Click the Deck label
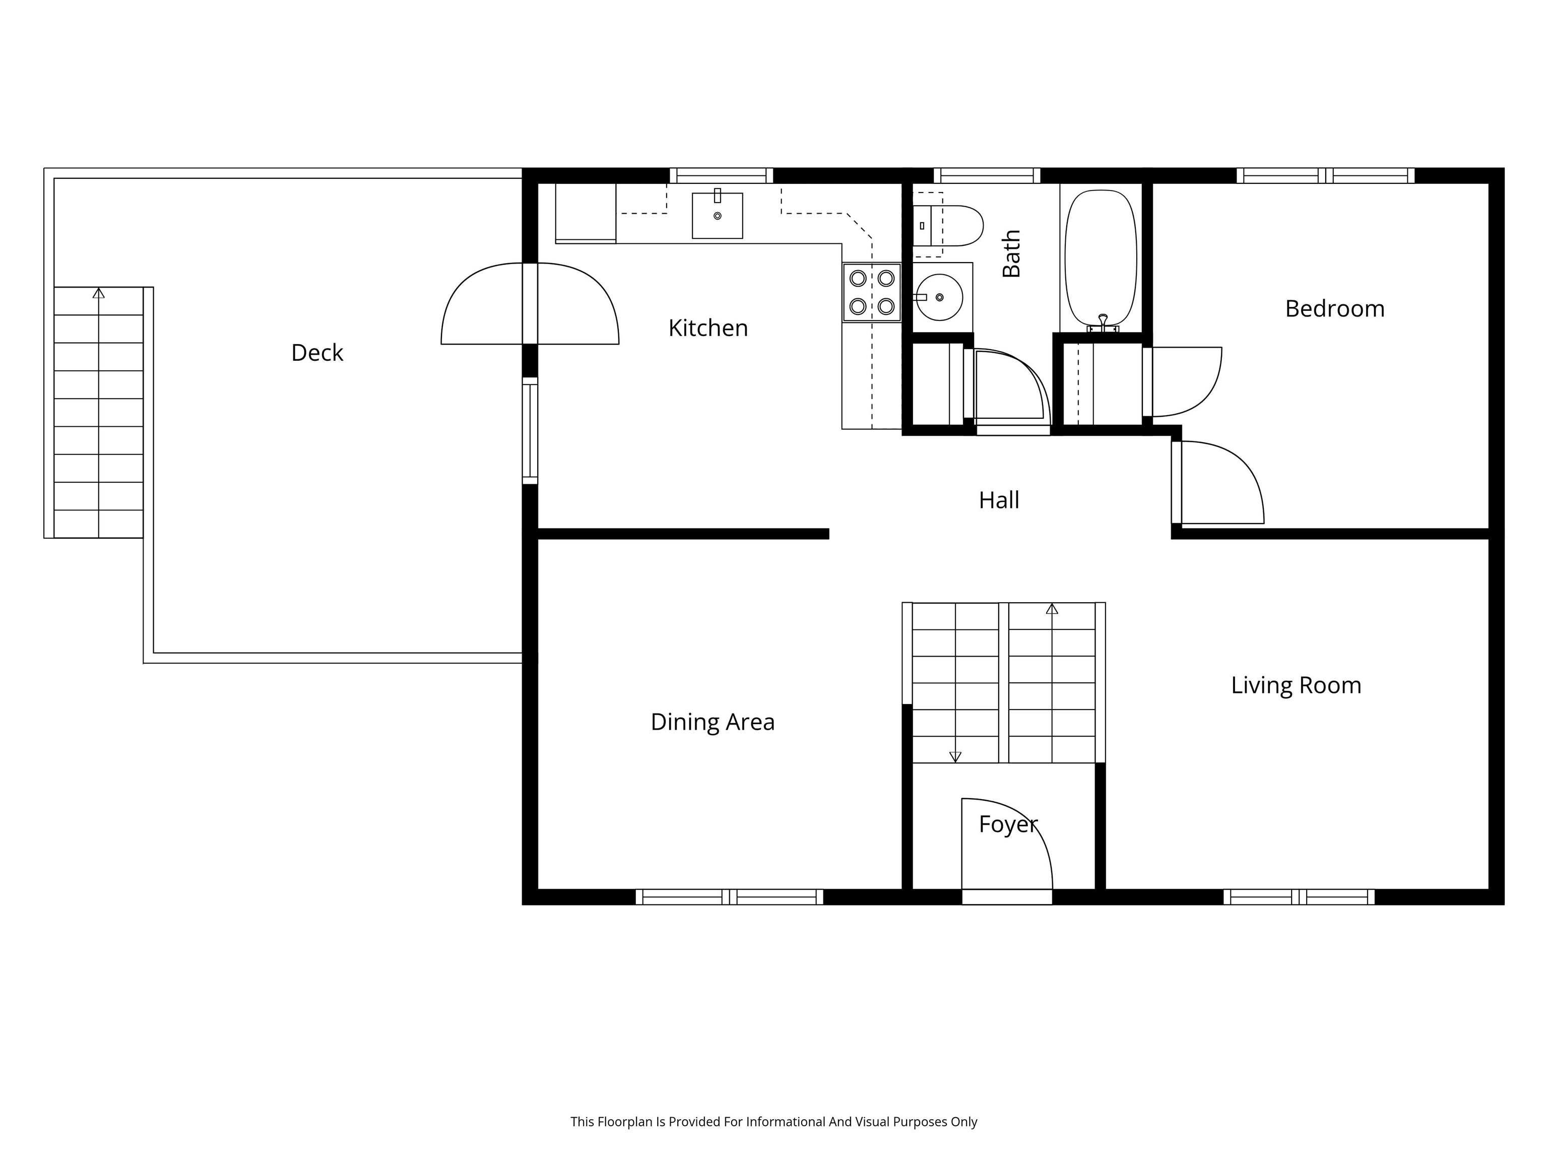pos(317,353)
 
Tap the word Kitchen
pos(707,328)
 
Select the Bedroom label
pos(1334,308)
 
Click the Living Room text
pos(1296,685)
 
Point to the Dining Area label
pos(713,722)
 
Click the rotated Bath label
pos(1011,253)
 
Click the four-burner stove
pos(871,293)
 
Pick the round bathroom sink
pos(939,297)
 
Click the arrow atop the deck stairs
pos(99,293)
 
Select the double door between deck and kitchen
pos(530,304)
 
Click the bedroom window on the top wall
pos(1324,176)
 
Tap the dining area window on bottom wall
pos(729,896)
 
